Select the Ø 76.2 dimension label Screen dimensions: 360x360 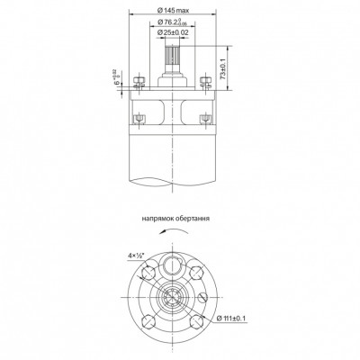pyautogui.click(x=175, y=21)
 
